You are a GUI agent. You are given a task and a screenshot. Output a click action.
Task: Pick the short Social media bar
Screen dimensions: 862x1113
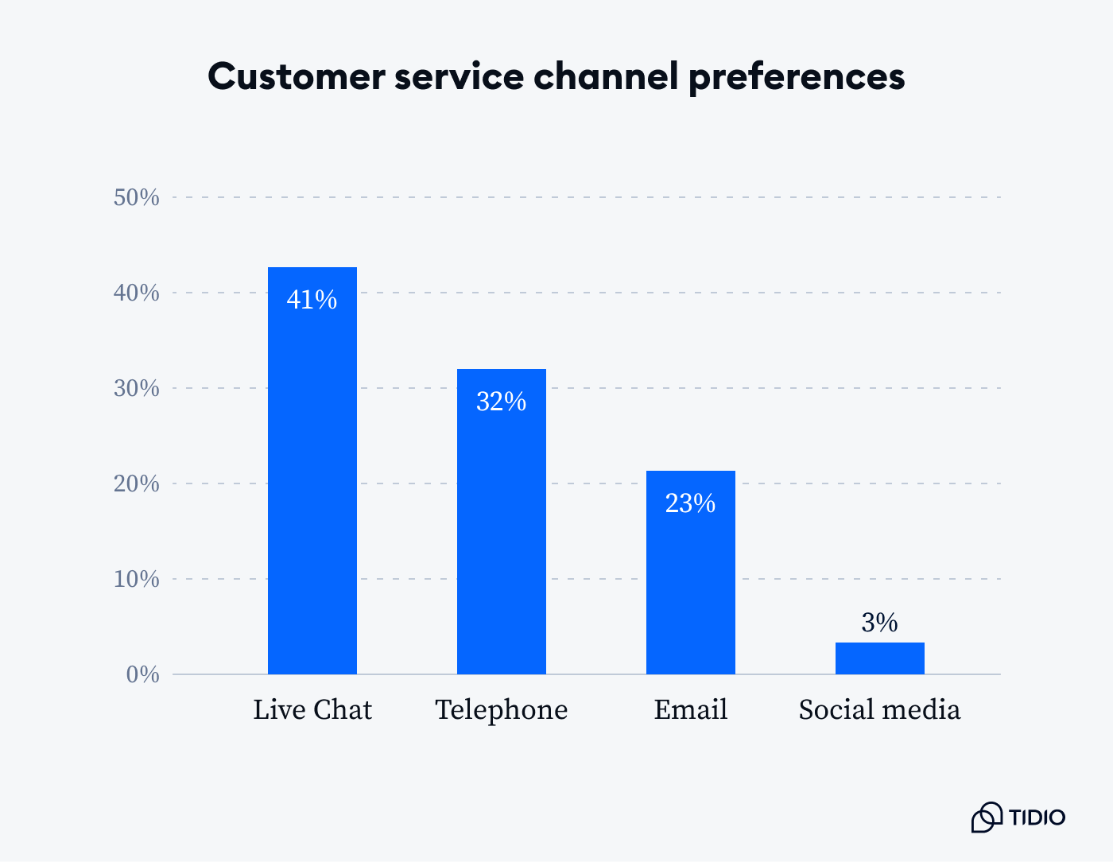point(879,658)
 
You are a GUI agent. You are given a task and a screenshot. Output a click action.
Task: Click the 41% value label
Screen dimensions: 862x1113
point(312,300)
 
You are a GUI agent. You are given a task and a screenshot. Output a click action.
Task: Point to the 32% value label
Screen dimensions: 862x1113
point(501,402)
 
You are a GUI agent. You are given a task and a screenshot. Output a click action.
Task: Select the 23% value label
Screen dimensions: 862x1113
point(690,503)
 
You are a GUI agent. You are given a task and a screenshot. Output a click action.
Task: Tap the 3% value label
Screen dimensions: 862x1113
point(879,623)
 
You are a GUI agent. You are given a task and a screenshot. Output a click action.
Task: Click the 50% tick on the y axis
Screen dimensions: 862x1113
point(137,197)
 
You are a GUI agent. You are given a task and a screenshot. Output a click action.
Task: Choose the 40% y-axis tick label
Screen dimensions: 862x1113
point(137,293)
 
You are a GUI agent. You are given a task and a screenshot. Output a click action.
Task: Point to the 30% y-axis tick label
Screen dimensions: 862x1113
point(137,388)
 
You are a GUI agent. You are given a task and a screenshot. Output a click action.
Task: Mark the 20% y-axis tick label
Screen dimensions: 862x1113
point(137,483)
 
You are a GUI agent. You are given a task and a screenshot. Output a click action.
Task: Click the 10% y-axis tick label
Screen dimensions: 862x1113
point(137,579)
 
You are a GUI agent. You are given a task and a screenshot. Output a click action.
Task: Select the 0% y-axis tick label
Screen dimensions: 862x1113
point(143,674)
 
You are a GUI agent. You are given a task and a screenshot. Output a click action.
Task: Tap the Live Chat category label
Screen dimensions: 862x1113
point(312,709)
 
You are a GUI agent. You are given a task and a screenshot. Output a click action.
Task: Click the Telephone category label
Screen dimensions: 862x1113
point(501,709)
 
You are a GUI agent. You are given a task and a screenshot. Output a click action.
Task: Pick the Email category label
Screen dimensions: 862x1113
point(690,709)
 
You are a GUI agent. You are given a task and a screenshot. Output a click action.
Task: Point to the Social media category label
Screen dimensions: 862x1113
point(879,709)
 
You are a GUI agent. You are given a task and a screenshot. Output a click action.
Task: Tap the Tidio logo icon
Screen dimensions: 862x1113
point(987,817)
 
